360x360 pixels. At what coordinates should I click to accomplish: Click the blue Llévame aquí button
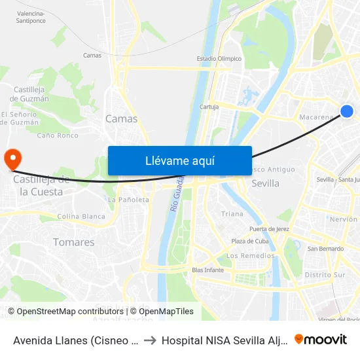coord(179,160)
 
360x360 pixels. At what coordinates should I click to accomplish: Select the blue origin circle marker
coord(347,111)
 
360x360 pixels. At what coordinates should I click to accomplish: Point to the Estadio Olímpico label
coord(219,58)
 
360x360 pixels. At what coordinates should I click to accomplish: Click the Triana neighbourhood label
coord(232,214)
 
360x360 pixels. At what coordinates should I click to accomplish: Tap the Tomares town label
coord(73,242)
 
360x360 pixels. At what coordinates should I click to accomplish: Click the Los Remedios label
coord(250,255)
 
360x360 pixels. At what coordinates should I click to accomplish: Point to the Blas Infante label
coord(208,270)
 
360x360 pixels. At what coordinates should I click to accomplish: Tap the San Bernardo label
coord(322,248)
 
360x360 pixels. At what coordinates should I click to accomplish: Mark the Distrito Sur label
coord(325,275)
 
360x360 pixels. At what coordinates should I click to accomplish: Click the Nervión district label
coord(344,219)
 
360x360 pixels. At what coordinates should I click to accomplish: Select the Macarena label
coord(317,117)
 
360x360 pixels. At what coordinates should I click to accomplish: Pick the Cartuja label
coord(209,107)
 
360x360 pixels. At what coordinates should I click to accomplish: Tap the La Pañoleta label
coord(128,200)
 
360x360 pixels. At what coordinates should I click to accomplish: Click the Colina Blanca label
coord(81,217)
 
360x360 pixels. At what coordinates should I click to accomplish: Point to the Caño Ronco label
coord(58,135)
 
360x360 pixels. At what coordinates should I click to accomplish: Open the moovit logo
coord(321,339)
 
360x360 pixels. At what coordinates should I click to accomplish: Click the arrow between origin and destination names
coord(150,340)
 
